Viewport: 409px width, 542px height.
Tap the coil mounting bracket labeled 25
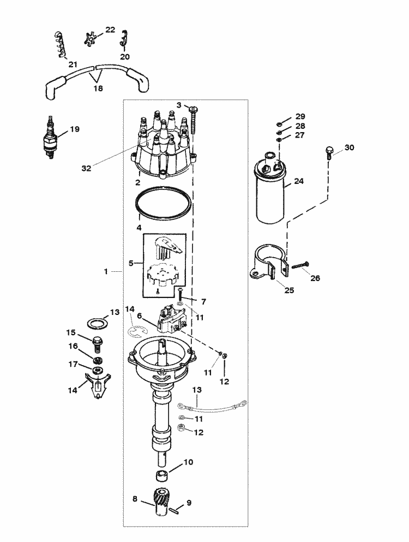coord(269,264)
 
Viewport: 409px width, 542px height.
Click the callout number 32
coord(86,168)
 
